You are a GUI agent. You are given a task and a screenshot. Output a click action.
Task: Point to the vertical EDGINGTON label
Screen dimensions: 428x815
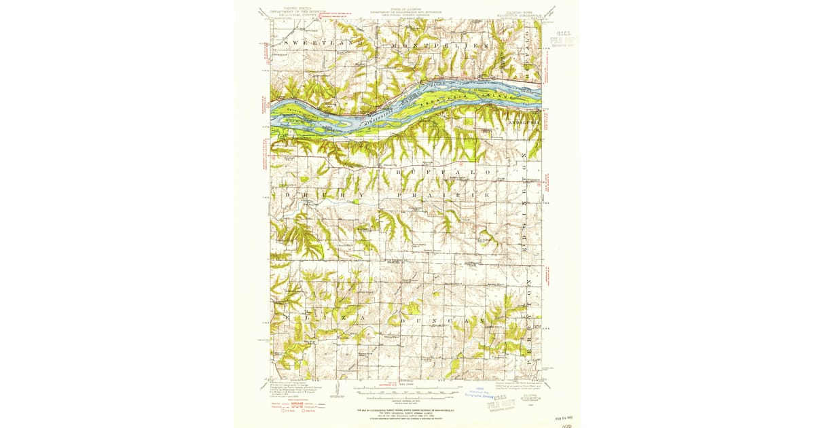(524, 191)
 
